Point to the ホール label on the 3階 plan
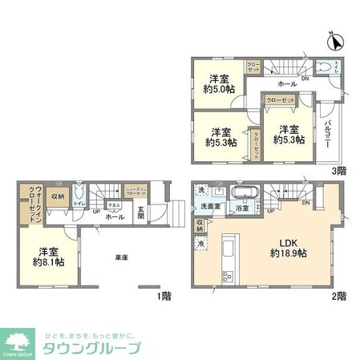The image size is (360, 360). tap(287, 83)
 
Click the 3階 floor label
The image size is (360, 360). tap(338, 170)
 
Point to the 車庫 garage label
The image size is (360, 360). tap(121, 257)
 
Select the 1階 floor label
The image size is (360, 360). tap(165, 294)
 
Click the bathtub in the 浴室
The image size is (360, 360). tap(241, 194)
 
